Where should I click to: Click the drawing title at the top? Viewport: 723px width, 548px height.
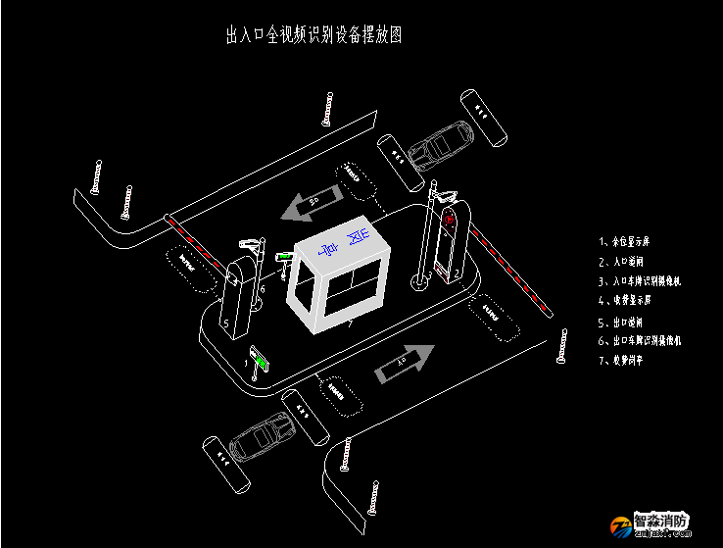313,36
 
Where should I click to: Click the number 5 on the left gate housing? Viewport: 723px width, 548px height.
226,323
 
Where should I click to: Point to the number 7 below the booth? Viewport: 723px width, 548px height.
349,323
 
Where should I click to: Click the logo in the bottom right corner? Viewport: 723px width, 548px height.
651,524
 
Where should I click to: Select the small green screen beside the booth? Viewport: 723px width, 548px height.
284,257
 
